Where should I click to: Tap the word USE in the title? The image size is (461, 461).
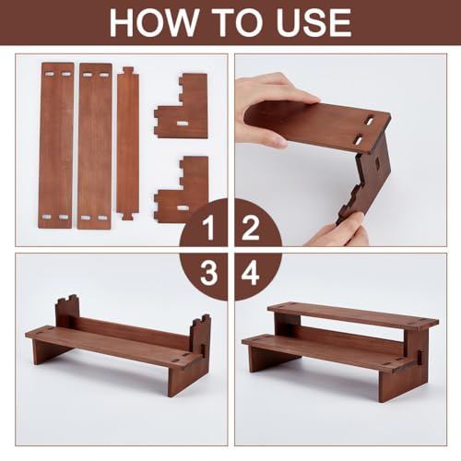tap(313, 23)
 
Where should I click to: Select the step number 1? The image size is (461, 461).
tap(208, 228)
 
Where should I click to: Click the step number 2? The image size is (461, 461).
tap(251, 228)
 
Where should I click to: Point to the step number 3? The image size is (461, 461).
tap(209, 273)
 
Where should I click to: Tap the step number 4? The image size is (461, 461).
tap(250, 273)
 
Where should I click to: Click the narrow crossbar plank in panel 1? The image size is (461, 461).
tap(127, 143)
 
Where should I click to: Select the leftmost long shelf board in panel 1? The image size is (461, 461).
tap(56, 146)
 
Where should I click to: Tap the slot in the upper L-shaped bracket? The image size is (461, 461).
tap(182, 124)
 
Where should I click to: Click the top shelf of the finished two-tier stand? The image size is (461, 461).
tap(353, 314)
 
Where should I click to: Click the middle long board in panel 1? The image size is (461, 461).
tap(95, 146)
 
